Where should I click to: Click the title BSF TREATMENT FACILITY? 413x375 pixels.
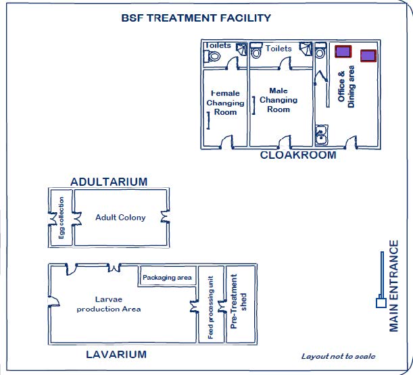pyautogui.click(x=196, y=18)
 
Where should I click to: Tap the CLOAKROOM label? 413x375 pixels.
pyautogui.click(x=298, y=155)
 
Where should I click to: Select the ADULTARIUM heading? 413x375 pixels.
pyautogui.click(x=109, y=181)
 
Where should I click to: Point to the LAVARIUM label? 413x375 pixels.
pyautogui.click(x=116, y=354)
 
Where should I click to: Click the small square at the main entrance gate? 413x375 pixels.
pyautogui.click(x=381, y=303)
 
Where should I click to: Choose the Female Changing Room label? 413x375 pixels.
pyautogui.click(x=225, y=103)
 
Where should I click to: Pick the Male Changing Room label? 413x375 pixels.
pyautogui.click(x=278, y=100)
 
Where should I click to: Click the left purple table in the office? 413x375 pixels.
pyautogui.click(x=343, y=51)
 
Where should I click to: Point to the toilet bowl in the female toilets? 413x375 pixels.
pyautogui.click(x=215, y=57)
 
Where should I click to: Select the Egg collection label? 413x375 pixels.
pyautogui.click(x=61, y=218)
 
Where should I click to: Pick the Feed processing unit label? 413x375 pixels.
pyautogui.click(x=210, y=308)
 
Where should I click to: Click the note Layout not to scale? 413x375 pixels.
pyautogui.click(x=338, y=357)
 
